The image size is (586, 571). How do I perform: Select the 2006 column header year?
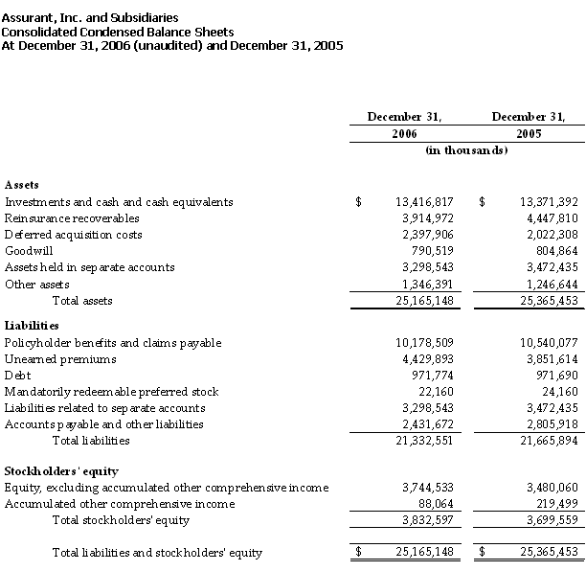click(404, 133)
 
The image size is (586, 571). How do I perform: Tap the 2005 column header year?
click(529, 133)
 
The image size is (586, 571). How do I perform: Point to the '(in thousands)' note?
click(466, 150)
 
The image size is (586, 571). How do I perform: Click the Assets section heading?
click(22, 184)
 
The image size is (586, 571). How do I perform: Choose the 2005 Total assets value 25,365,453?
click(544, 301)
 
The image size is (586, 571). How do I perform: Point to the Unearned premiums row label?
click(60, 359)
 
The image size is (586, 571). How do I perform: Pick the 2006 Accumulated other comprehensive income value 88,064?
click(431, 504)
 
